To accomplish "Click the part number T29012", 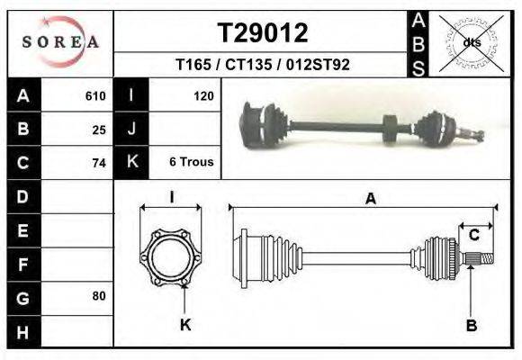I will pos(263,33).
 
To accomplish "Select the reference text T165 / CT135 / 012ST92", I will pos(263,65).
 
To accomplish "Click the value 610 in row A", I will pos(95,95).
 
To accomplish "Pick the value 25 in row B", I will pos(99,129).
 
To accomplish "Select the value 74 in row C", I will pos(99,163).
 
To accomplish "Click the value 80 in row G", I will pos(99,296).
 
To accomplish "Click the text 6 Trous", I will pos(191,163).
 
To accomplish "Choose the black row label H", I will pos(22,330).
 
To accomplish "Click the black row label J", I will pos(131,129).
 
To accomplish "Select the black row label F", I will pos(22,263).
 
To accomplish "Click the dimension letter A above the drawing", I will pos(369,200).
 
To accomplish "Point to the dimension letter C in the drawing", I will pos(473,236).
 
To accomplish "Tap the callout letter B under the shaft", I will pos(471,326).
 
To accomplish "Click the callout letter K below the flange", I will pos(185,326).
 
